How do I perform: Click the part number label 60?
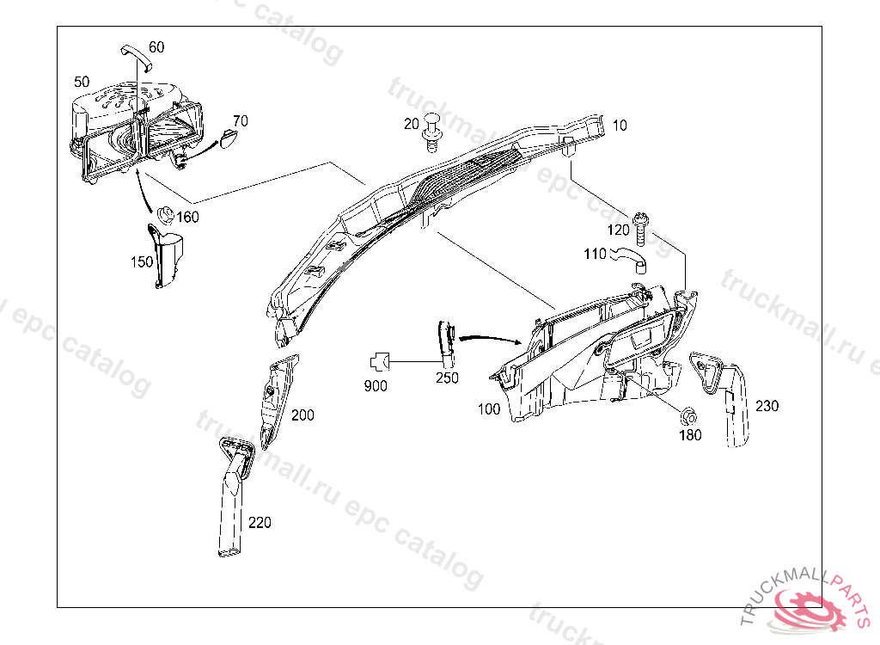click(156, 47)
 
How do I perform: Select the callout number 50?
click(82, 82)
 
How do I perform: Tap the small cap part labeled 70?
click(228, 138)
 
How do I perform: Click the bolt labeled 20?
click(433, 135)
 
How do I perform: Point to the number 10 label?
click(620, 126)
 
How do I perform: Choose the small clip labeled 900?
click(381, 362)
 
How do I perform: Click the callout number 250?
click(447, 377)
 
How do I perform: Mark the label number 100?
click(489, 409)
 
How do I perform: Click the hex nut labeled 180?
click(688, 416)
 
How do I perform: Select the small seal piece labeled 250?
click(446, 339)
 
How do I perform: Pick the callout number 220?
click(260, 521)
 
